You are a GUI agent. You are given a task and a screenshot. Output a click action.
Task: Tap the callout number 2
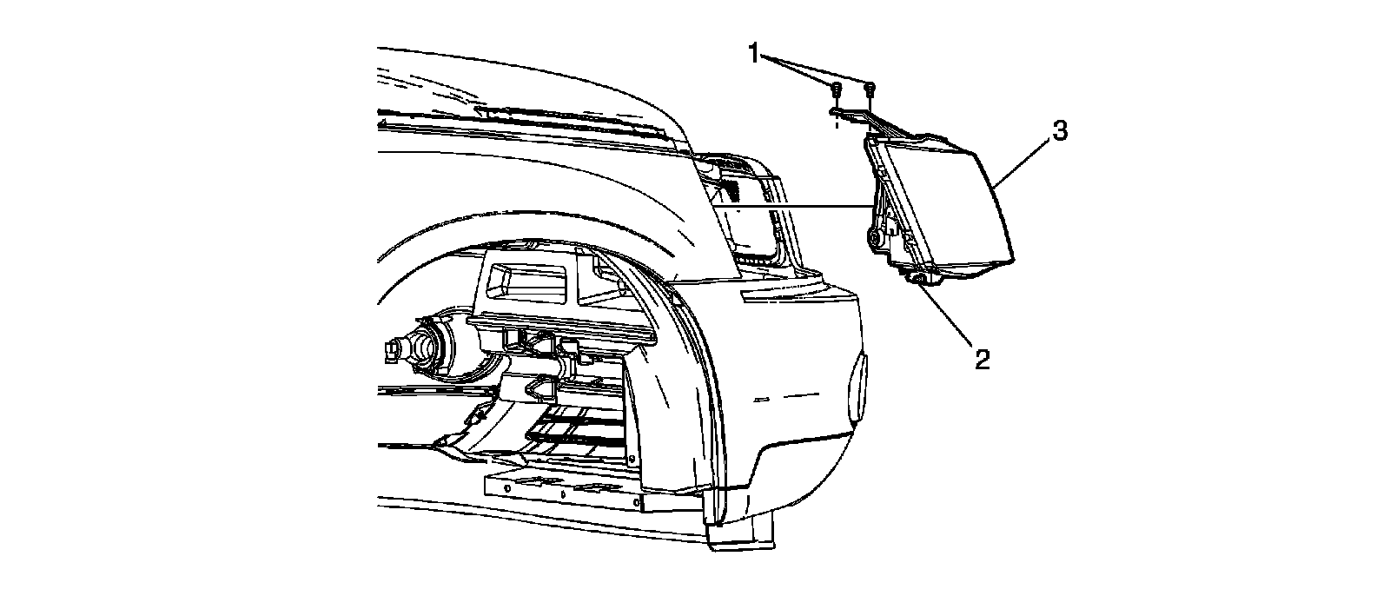(982, 359)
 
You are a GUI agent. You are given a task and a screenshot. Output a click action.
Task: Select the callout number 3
(1059, 132)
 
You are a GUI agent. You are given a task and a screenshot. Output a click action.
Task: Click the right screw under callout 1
(870, 88)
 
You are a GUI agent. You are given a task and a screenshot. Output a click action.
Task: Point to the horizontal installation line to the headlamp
(799, 206)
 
